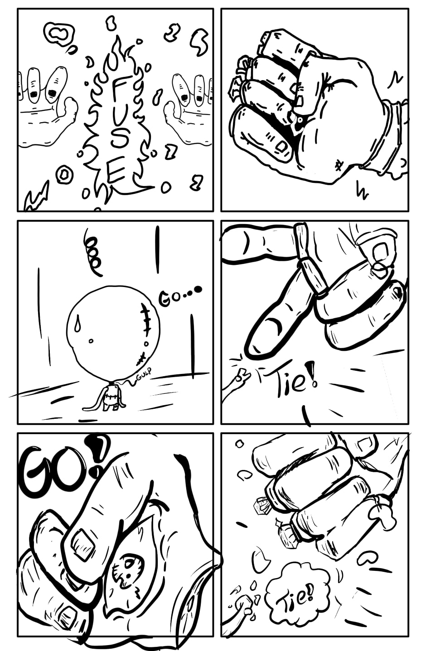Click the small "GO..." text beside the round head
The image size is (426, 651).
point(180,297)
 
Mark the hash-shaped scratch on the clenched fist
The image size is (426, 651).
point(338,166)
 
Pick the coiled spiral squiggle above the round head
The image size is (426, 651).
point(92,252)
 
